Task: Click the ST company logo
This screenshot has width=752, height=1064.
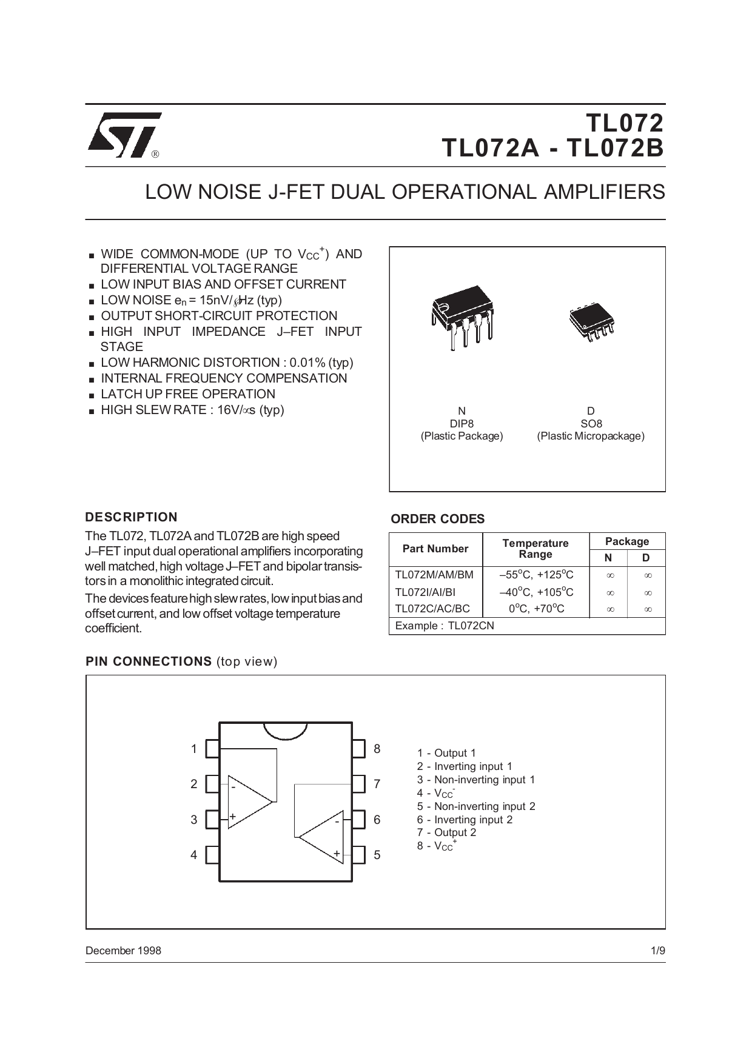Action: click(124, 135)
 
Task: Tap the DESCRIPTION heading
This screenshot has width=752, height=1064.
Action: click(132, 517)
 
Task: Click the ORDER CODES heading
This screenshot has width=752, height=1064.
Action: click(437, 519)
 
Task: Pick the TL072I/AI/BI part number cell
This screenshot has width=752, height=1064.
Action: click(425, 592)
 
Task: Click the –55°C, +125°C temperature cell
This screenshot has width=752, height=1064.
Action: click(536, 575)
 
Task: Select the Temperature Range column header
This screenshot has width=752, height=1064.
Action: click(535, 549)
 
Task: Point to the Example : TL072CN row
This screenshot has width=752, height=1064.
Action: click(445, 626)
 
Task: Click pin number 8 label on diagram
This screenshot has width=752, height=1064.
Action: click(377, 749)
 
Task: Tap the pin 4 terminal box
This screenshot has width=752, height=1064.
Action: click(212, 855)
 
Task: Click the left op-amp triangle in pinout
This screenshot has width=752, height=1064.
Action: click(249, 801)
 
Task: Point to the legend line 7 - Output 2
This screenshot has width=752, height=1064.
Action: click(446, 832)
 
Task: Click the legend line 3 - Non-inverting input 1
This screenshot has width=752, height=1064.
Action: click(476, 780)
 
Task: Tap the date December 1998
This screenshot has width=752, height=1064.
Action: click(124, 951)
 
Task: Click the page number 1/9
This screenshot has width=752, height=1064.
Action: click(657, 951)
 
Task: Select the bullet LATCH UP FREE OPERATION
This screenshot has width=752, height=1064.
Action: click(188, 394)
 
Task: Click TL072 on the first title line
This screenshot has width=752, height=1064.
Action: click(625, 123)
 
